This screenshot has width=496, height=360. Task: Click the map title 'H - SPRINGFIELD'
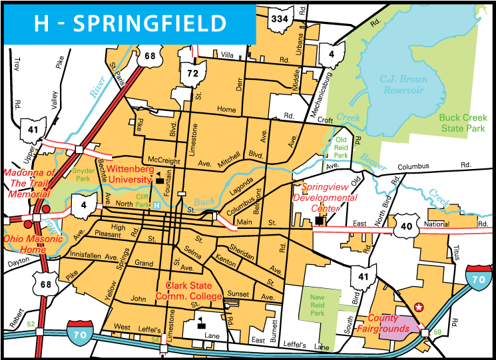click(130, 24)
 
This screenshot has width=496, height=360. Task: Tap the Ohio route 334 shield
click(279, 20)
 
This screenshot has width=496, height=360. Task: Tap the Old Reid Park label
click(342, 147)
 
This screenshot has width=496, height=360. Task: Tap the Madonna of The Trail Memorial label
click(29, 184)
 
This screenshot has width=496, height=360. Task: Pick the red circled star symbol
click(418, 307)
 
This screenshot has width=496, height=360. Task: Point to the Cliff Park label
click(143, 200)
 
